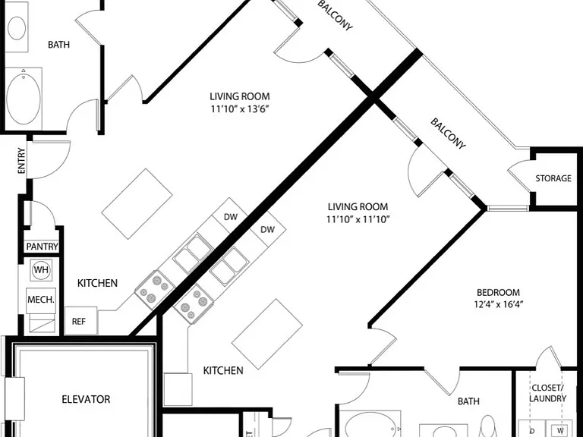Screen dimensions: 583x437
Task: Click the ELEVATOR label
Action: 86,400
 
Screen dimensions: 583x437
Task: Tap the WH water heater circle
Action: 41,269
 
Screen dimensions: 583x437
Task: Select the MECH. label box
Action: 41,300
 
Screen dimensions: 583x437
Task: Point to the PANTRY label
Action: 43,247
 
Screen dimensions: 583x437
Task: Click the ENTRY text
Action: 21,161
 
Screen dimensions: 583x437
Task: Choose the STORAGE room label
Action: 553,178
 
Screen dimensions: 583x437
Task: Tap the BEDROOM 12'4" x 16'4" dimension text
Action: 498,304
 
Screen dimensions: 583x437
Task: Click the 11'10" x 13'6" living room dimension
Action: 240,109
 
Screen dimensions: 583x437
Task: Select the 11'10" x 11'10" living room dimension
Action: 358,219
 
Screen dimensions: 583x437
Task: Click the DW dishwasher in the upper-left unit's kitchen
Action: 231,217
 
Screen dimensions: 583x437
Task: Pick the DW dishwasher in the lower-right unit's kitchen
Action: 267,230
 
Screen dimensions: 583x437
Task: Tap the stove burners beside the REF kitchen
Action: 155,290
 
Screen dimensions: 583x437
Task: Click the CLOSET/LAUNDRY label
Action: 547,393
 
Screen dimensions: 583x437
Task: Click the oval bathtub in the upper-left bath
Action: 24,99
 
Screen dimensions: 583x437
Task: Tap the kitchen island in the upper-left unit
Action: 137,204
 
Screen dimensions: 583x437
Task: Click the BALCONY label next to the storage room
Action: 448,134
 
